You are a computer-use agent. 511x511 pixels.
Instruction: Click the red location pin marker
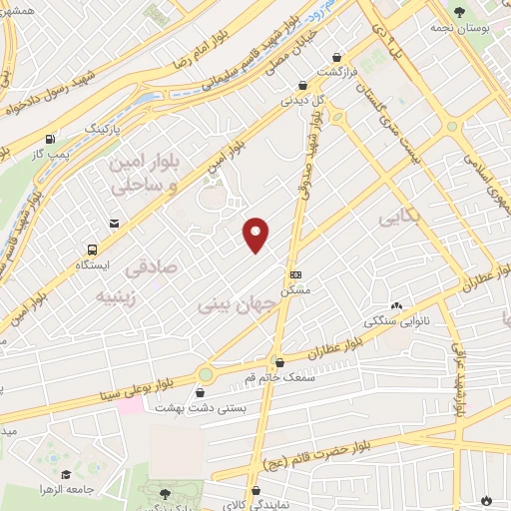click(256, 234)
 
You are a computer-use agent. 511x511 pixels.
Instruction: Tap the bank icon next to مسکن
click(294, 274)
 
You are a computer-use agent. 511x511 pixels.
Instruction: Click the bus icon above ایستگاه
click(93, 251)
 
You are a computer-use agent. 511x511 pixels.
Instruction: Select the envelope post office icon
click(117, 224)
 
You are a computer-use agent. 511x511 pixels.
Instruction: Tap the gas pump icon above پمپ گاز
click(50, 140)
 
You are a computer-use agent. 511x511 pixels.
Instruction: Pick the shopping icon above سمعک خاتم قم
click(279, 363)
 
